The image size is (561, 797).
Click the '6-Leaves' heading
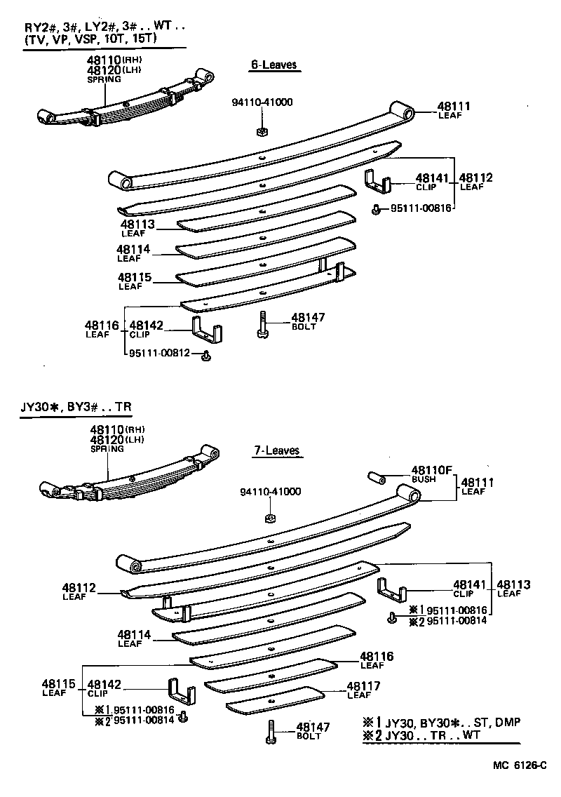point(273,65)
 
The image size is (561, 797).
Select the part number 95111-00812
point(159,353)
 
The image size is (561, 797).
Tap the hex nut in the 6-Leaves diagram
point(260,130)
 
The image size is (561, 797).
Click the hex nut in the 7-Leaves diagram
point(269,518)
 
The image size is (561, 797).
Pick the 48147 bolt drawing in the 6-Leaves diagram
point(262,325)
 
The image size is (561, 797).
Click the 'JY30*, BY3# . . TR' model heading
point(76,407)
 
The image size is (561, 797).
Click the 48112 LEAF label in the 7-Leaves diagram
point(78,591)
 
